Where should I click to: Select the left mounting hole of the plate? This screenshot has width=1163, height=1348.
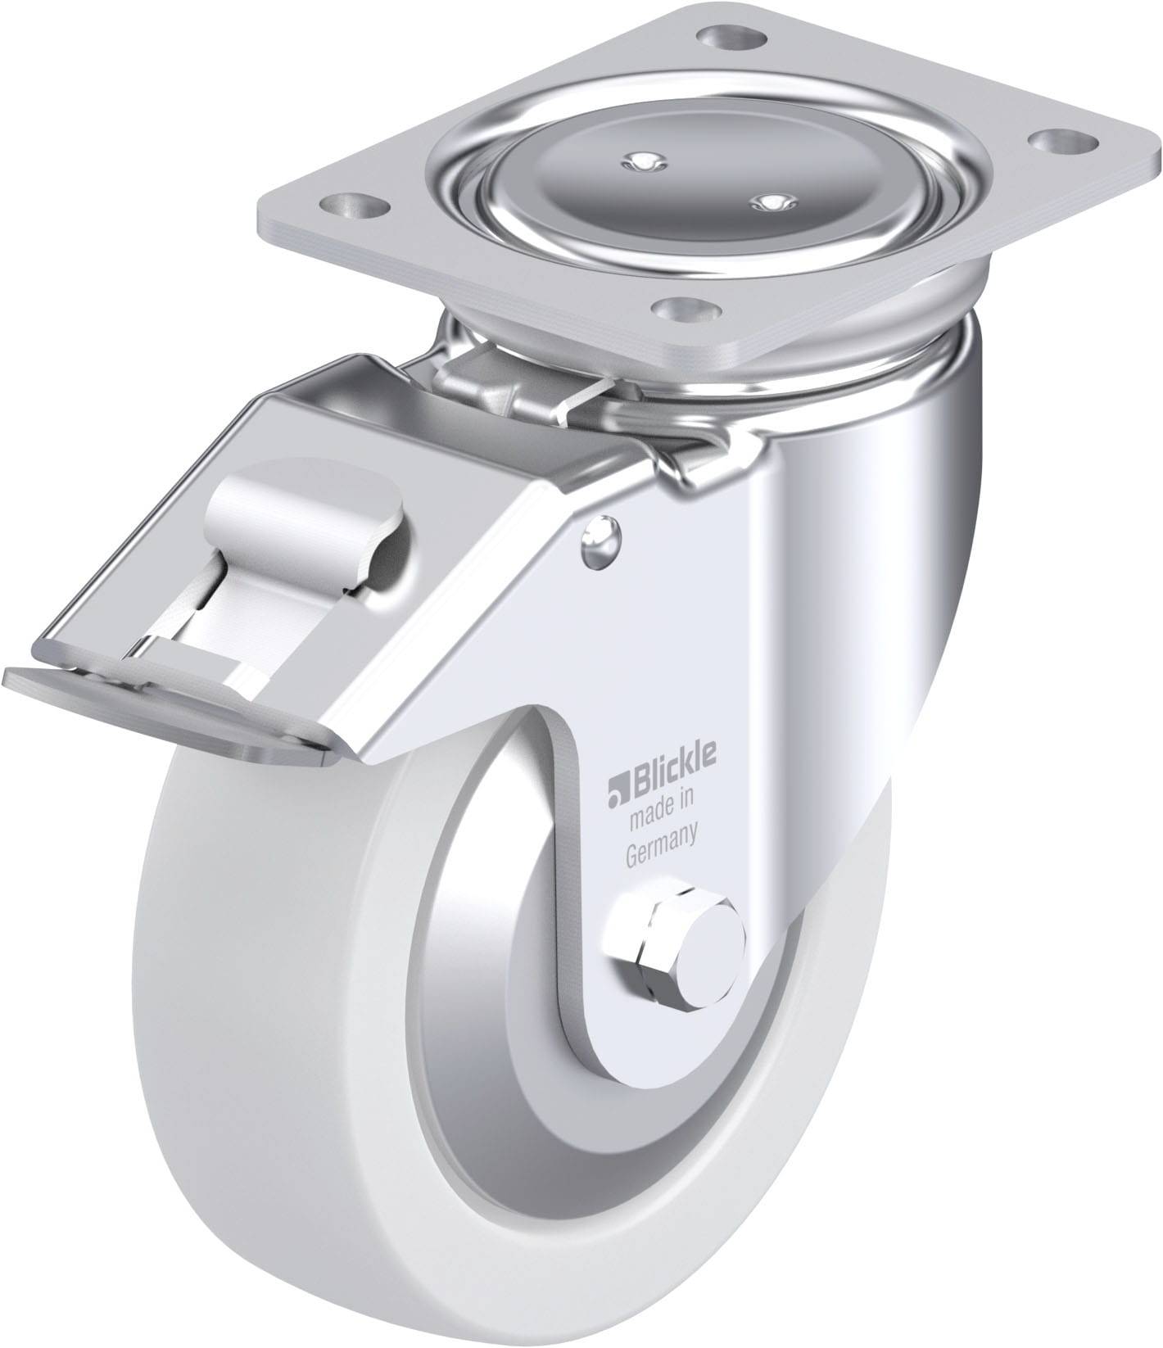355,203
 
